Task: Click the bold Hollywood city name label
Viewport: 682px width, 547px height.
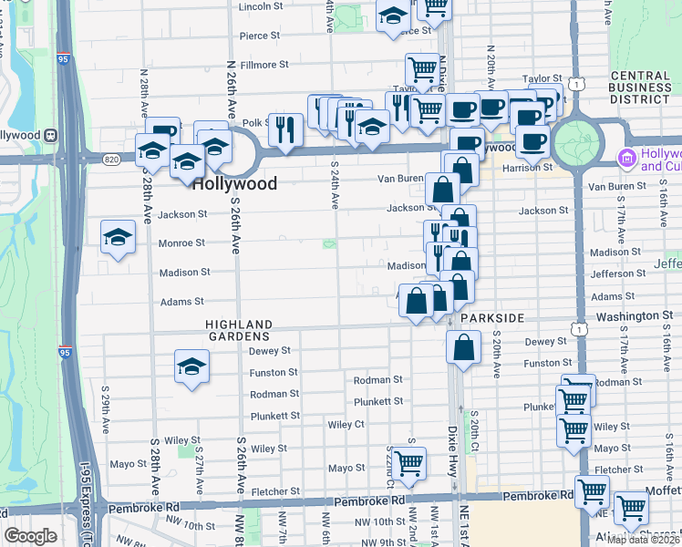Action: [x=234, y=183]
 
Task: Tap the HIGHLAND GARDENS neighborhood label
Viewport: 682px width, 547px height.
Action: [x=239, y=330]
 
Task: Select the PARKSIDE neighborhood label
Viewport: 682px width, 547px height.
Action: [x=492, y=317]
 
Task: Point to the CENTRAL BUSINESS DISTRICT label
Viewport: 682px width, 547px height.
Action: [x=627, y=88]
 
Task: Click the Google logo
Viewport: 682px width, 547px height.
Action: [x=30, y=536]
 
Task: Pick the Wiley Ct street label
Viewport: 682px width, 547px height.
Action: [x=346, y=425]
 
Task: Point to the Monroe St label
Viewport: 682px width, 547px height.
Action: [x=182, y=243]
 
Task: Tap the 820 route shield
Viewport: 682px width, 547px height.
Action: [x=111, y=160]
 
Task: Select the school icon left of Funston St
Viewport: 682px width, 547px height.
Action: [x=191, y=367]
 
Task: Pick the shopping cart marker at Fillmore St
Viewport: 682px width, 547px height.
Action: [x=422, y=68]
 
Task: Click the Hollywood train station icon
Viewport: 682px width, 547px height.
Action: [x=52, y=135]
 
